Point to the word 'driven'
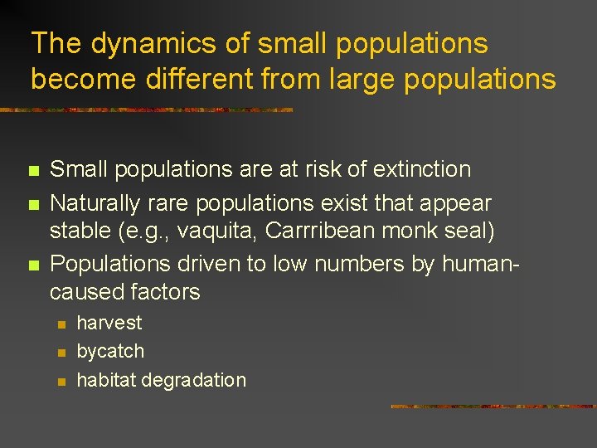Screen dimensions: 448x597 coord(196,265)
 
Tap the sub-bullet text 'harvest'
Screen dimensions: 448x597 coord(109,323)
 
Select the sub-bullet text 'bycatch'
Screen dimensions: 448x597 coord(110,352)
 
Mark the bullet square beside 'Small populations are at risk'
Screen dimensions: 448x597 coord(33,171)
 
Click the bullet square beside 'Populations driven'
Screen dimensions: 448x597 coord(33,266)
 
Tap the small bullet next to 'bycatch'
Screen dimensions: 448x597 coord(60,353)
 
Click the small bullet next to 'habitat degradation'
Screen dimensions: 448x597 coord(60,382)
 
